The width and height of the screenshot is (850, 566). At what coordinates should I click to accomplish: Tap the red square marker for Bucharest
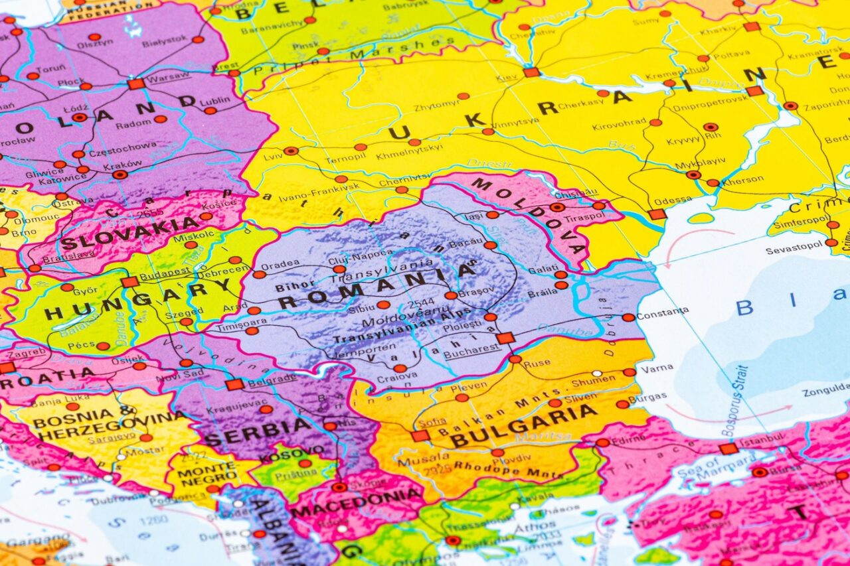coord(505,338)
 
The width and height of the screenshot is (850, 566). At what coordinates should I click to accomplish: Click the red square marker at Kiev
coord(531,72)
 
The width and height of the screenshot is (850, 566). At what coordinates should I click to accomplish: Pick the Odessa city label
coord(673,201)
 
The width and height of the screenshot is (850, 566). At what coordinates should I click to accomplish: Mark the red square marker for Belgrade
coord(234,384)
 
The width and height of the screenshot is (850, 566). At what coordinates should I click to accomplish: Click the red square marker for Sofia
coord(420,436)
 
